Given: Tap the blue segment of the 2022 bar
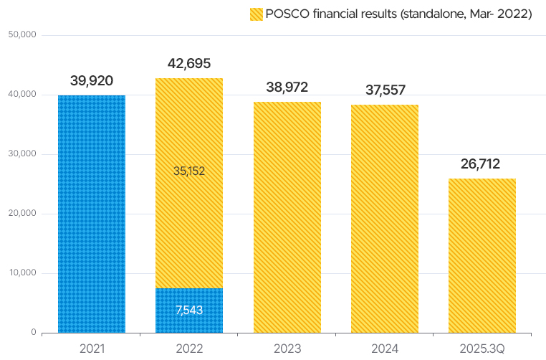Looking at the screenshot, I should (x=189, y=311).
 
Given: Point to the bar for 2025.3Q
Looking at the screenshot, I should (x=482, y=255).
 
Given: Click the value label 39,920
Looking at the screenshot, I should (x=92, y=80).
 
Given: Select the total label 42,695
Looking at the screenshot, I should (x=189, y=63).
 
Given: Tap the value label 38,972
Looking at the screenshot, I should (x=287, y=87).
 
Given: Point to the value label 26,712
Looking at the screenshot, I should (x=482, y=164).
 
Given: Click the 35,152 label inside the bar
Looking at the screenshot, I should (x=189, y=171).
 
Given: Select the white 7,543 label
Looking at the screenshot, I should (x=189, y=310).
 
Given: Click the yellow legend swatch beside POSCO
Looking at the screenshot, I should (x=256, y=14).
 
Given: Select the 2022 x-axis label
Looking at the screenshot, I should (x=189, y=349).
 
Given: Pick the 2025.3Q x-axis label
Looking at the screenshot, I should (x=482, y=349).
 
